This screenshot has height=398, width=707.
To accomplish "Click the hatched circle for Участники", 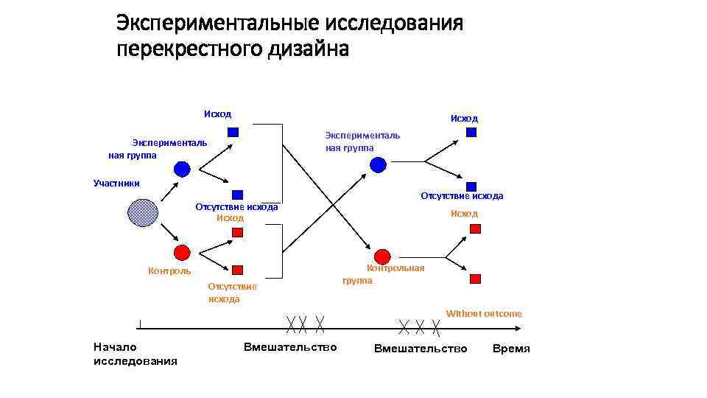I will [143, 213].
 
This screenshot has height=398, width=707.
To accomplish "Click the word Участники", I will [116, 183].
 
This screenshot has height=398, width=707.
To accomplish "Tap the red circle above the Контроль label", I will [182, 253].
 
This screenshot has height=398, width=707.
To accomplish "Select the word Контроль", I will [169, 271].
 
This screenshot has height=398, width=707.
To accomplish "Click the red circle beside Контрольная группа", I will [381, 256].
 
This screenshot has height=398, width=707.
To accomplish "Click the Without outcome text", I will [484, 314].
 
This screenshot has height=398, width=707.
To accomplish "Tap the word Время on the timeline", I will [511, 349].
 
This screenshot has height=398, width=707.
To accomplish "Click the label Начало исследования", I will [136, 354].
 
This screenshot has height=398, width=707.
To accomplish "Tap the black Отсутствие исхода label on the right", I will [462, 196].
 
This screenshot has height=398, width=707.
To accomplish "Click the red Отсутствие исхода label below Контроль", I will [232, 293].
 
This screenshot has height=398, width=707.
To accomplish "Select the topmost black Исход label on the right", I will [464, 118].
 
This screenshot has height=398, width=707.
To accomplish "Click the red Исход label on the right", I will [464, 214].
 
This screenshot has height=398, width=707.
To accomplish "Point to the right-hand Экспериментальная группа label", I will [362, 142].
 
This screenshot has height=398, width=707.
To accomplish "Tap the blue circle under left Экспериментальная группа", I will [182, 169].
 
